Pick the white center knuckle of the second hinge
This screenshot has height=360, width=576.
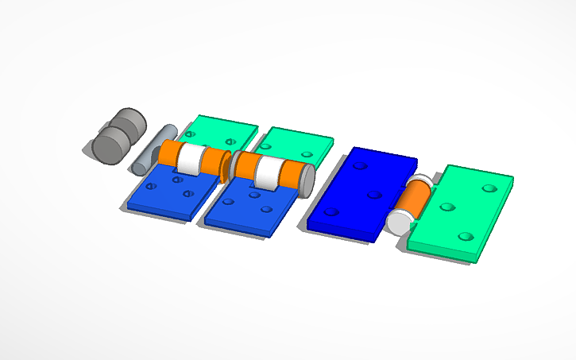point(268,172)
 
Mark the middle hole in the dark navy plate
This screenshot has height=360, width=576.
point(372,192)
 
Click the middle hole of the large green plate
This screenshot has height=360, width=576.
point(446,207)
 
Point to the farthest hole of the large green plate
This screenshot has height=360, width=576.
point(488,188)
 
